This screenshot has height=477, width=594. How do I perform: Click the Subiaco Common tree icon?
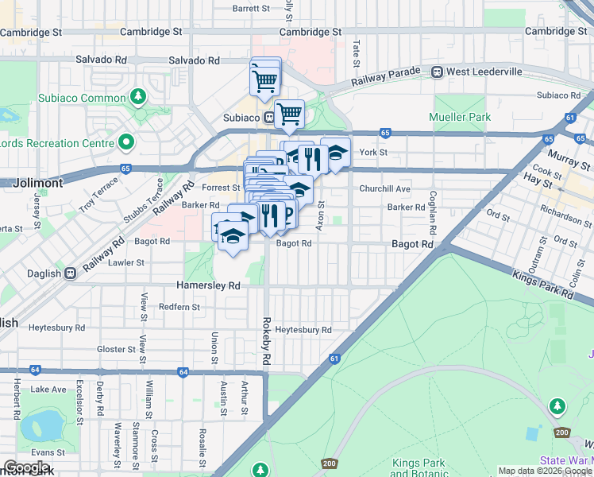coord(139,97)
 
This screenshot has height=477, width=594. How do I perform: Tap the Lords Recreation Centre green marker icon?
coord(125,143)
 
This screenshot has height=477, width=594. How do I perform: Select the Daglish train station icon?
coord(71,273)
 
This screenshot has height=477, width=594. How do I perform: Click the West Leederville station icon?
coord(437,72)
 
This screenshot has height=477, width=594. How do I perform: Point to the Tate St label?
coord(356,54)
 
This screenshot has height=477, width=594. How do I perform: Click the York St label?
coord(372,152)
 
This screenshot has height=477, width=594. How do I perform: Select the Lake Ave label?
coord(48,390)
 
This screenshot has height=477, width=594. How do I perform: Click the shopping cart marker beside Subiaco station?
coord(289,114)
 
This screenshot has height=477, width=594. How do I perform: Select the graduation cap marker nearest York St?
coord(335,153)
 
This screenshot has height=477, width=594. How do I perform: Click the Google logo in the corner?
coord(27,467)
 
